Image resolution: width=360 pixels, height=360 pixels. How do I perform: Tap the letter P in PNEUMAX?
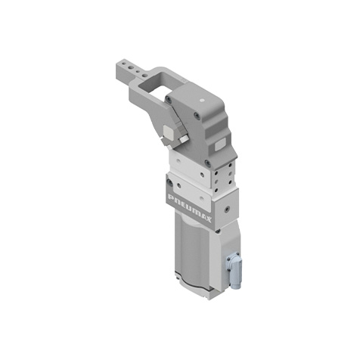171,197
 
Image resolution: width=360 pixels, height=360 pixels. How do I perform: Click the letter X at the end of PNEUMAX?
208,219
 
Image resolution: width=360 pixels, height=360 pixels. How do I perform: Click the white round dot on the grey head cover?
201,101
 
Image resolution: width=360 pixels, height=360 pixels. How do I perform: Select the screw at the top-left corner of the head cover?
167,99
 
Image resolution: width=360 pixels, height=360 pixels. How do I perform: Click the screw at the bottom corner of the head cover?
208,163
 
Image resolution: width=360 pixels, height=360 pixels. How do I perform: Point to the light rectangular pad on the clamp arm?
168,132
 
